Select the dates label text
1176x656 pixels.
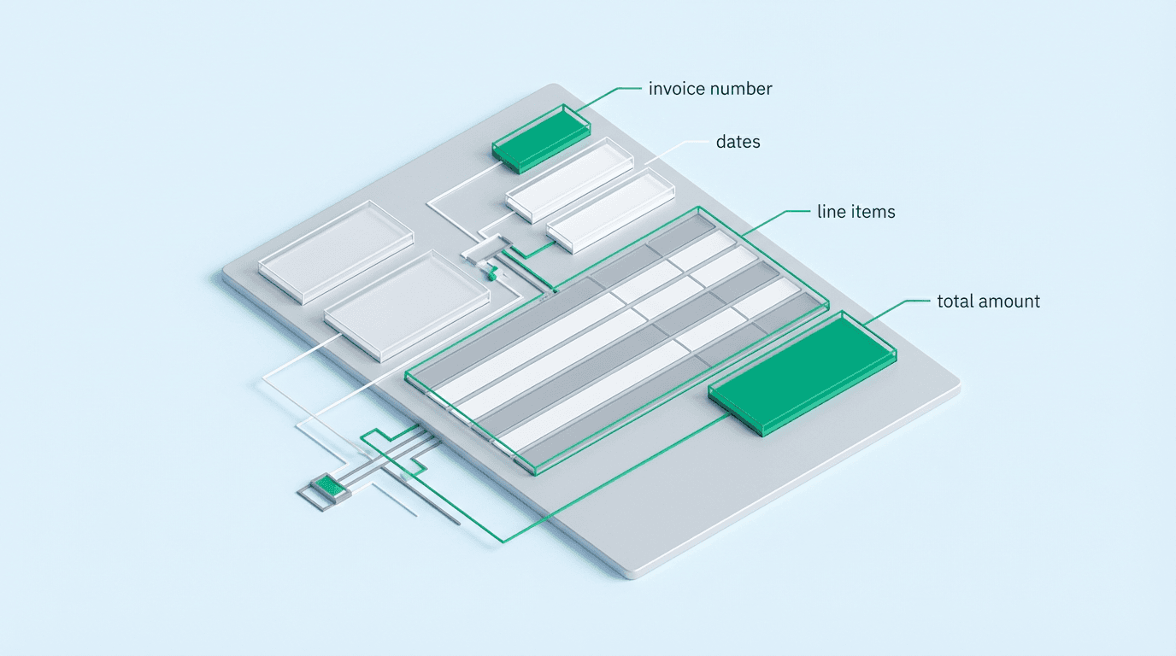(738, 142)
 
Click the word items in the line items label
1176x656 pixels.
(873, 212)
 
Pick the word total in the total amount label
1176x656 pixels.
(955, 301)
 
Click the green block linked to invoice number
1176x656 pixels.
(540, 137)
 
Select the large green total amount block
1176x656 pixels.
(801, 372)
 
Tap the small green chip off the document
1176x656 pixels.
(325, 487)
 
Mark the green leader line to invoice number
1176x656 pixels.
(611, 90)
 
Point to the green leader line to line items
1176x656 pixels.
(778, 213)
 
